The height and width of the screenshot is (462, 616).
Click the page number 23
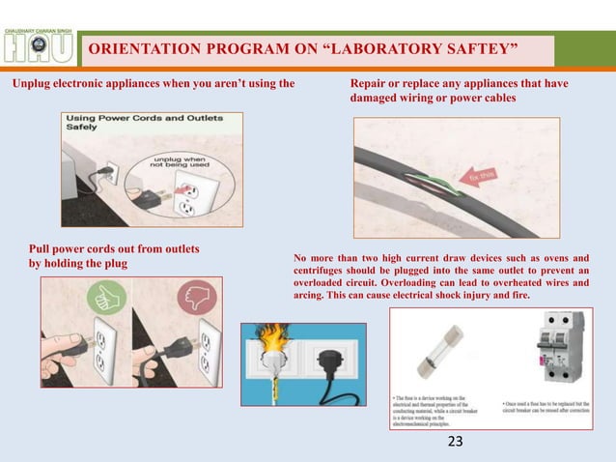pyautogui.click(x=455, y=442)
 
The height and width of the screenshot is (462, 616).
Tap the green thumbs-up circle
pyautogui.click(x=103, y=296)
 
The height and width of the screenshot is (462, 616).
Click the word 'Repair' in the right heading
pyautogui.click(x=370, y=85)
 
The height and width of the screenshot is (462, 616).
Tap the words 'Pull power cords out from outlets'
pyautogui.click(x=114, y=249)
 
